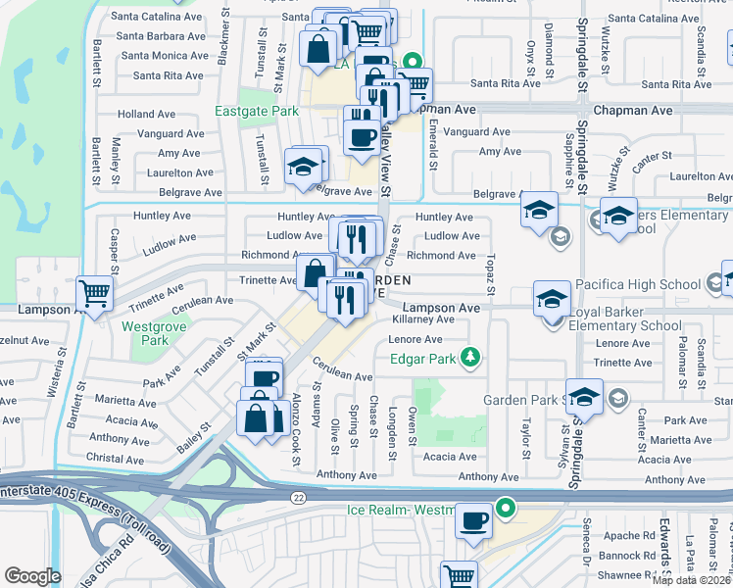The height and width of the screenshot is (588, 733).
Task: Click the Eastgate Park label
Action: point(257,111)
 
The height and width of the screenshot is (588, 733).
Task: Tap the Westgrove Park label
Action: point(145,333)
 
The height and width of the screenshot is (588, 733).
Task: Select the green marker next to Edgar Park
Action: point(472,358)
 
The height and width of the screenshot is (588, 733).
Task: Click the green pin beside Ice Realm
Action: point(506,509)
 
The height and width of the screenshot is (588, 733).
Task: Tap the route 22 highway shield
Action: point(297,497)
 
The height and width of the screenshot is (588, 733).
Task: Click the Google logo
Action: point(32,576)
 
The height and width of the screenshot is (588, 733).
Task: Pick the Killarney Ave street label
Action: point(422,319)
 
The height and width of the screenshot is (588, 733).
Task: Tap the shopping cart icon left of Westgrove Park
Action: point(95,292)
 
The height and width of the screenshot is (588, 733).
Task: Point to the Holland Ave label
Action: point(146,115)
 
